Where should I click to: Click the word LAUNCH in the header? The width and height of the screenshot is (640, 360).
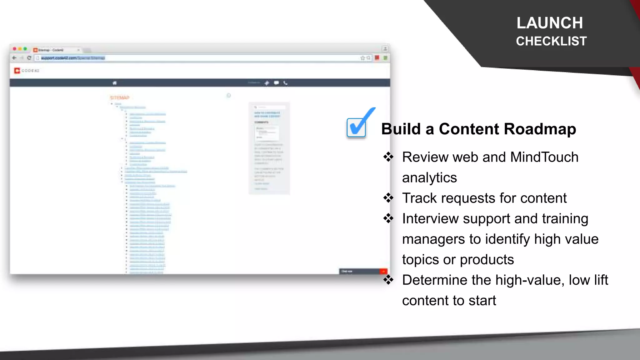pos(550,23)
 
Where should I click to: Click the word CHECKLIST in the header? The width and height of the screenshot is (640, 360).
pos(551,41)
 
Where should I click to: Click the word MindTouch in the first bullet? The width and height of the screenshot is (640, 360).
pos(544,157)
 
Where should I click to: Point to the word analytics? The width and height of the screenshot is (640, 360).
pos(429,178)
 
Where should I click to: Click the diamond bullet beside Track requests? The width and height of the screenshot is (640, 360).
pos(388,198)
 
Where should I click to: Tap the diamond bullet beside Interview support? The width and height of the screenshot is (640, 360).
pos(388,218)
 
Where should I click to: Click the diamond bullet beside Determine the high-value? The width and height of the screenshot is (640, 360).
pos(388,280)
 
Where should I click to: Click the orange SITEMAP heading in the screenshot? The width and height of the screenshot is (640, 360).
pos(119,98)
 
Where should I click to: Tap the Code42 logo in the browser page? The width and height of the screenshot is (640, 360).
pos(27,71)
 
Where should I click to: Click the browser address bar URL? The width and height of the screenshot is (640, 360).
pos(73,58)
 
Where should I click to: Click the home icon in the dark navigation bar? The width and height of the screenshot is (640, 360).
pos(115,83)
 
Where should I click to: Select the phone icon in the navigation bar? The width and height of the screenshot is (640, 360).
pos(285,83)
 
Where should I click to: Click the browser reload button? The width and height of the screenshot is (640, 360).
pos(29,58)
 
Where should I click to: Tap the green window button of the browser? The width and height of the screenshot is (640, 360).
pos(25,49)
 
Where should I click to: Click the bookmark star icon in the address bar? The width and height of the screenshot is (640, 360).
pos(362,58)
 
